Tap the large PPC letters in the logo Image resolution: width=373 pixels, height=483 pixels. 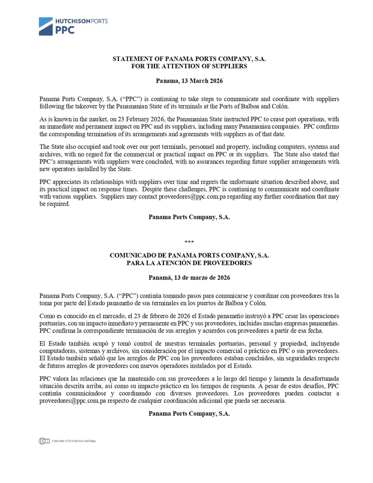[65, 30]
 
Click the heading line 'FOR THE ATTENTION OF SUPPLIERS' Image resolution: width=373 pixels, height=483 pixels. [189, 66]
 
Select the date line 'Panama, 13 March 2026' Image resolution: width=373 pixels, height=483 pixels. [189, 81]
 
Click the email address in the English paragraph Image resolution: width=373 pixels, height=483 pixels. [192, 197]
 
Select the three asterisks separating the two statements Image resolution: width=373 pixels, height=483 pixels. [189, 242]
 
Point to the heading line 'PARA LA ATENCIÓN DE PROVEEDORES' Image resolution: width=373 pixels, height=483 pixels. [189, 263]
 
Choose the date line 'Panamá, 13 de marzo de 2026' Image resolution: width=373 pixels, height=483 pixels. [189, 278]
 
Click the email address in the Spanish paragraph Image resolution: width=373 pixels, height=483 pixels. [73, 401]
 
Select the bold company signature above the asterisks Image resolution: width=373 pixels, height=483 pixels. [189, 217]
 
